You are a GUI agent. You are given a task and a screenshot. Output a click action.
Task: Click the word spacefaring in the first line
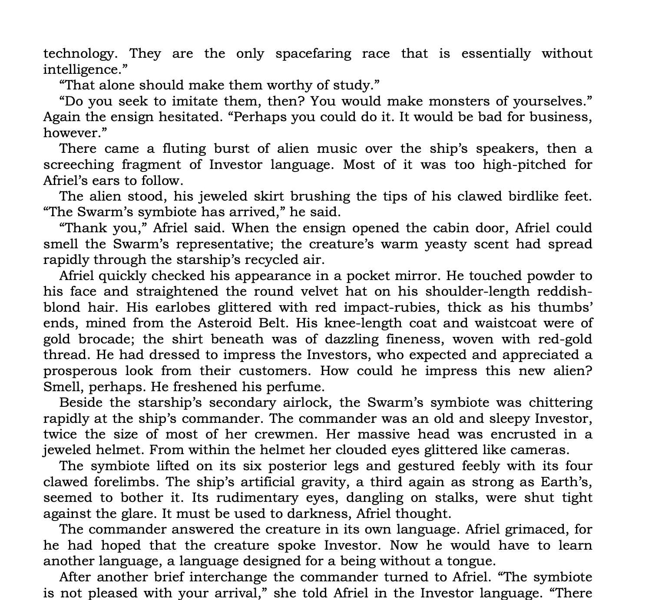point(313,54)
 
